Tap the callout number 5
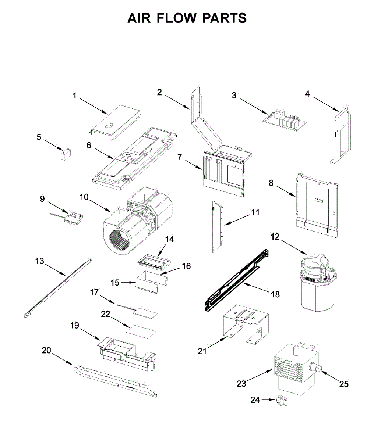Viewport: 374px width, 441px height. click(39, 137)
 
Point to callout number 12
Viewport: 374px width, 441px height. click(275, 237)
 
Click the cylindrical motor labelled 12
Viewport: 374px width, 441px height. click(317, 283)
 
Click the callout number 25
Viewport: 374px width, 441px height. click(343, 384)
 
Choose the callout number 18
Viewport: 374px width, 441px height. click(275, 294)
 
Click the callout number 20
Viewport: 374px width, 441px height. click(47, 351)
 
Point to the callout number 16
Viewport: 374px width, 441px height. click(186, 266)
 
